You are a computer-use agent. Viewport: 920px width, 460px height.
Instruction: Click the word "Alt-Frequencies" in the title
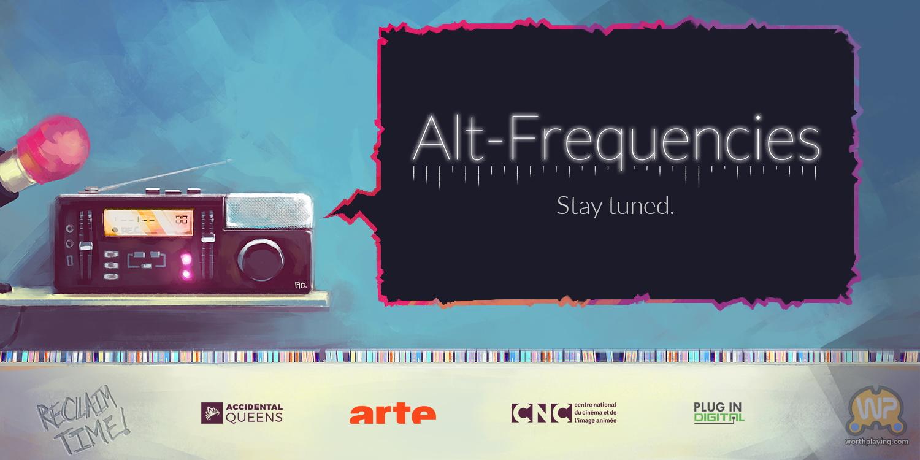pyautogui.click(x=616, y=140)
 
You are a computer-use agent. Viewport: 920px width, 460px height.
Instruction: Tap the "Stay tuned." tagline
pyautogui.click(x=615, y=206)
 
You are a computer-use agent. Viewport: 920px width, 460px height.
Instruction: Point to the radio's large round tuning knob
pyautogui.click(x=261, y=260)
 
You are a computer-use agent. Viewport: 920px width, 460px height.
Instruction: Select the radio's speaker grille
pyautogui.click(x=269, y=211)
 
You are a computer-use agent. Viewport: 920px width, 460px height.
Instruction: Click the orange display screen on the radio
pyautogui.click(x=148, y=222)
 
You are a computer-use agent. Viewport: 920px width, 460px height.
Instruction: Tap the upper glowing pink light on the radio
pyautogui.click(x=186, y=259)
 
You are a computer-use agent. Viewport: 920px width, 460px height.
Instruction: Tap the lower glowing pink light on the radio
pyautogui.click(x=186, y=274)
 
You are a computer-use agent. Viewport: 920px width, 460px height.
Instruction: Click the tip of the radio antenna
pyautogui.click(x=231, y=161)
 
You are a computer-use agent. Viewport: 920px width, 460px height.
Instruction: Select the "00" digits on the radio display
pyautogui.click(x=182, y=220)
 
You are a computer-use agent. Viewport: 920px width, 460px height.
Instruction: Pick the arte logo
pyautogui.click(x=393, y=413)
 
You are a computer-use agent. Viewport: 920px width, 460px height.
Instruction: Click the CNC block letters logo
pyautogui.click(x=542, y=413)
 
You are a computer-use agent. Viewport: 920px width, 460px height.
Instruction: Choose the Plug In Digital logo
pyautogui.click(x=719, y=413)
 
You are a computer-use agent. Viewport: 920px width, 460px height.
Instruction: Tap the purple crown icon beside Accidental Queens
pyautogui.click(x=212, y=413)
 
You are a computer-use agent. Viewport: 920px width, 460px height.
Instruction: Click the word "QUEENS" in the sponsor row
pyautogui.click(x=254, y=418)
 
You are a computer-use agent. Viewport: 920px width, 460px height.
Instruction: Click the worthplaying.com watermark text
pyautogui.click(x=876, y=442)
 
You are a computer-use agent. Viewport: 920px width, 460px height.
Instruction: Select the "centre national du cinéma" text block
pyautogui.click(x=595, y=413)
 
